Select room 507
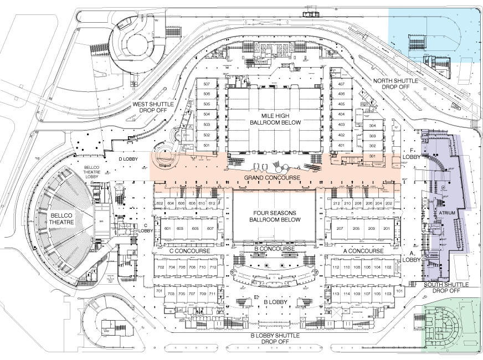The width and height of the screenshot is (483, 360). [207, 84]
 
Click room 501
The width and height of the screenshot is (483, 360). [207, 145]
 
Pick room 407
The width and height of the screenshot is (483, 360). [341, 84]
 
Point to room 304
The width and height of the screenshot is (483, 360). [373, 126]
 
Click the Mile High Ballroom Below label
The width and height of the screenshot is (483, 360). [275, 118]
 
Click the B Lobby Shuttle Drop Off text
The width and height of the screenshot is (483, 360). [275, 338]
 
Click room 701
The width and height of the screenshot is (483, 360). [158, 291]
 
